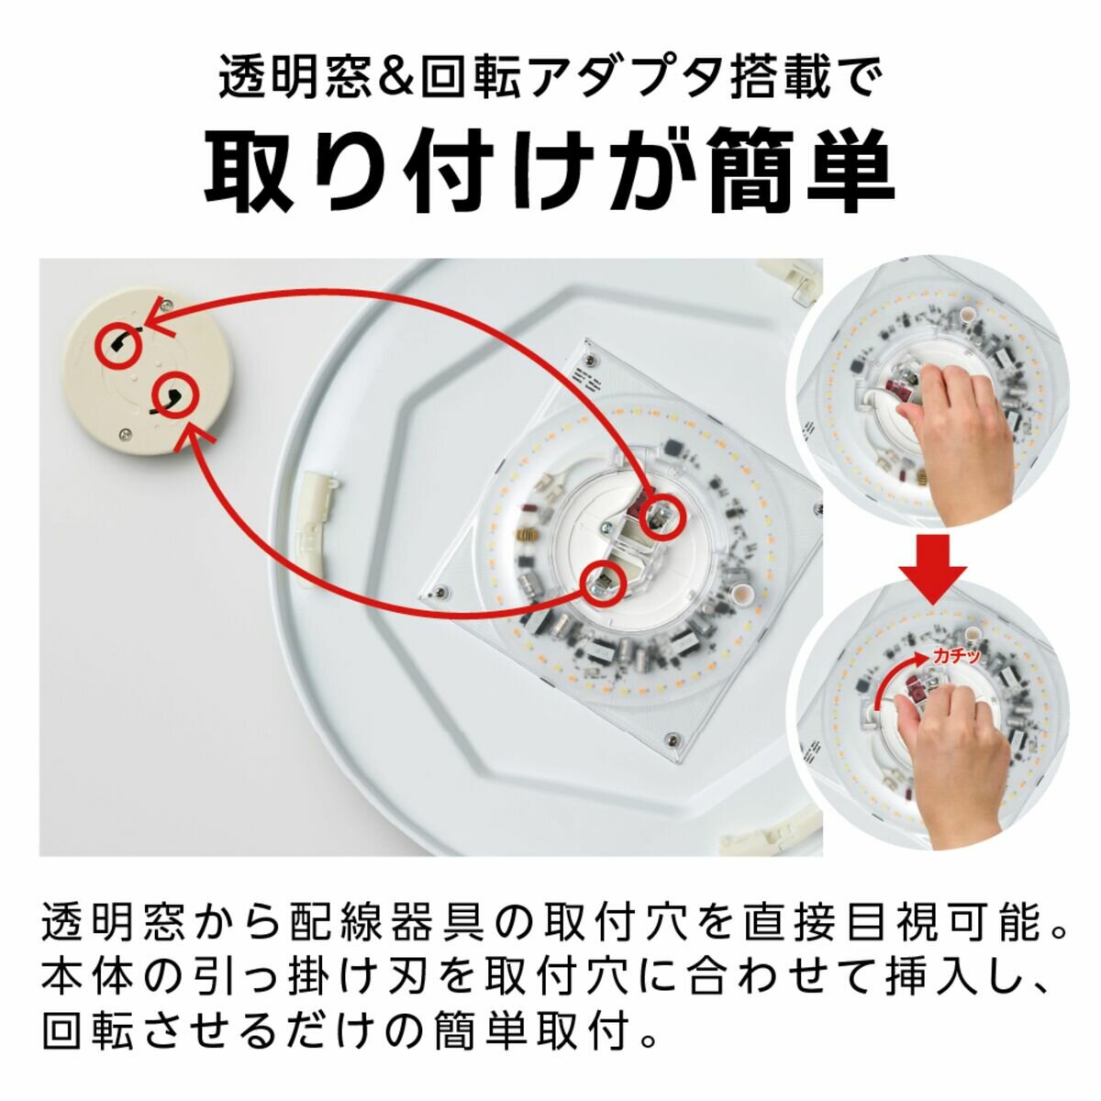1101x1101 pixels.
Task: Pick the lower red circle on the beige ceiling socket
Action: pos(173,395)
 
